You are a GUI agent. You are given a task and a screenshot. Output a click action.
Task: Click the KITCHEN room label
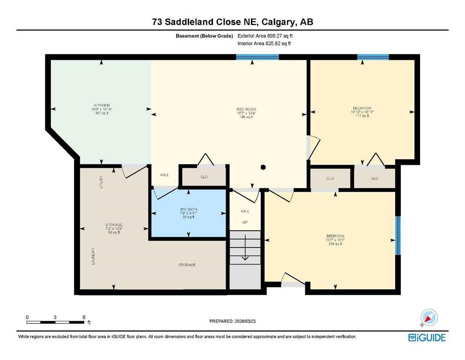(102, 105)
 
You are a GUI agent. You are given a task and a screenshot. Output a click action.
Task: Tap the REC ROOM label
(245, 109)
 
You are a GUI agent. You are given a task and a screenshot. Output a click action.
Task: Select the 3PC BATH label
(187, 210)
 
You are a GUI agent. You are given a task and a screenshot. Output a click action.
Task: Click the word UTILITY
(101, 182)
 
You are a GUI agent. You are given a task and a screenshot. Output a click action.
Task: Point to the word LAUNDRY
(94, 256)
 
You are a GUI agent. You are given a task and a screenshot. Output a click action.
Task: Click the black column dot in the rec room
(263, 167)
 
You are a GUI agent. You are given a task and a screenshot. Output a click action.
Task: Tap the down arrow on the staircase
(244, 256)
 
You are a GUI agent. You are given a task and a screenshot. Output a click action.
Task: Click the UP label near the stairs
(244, 222)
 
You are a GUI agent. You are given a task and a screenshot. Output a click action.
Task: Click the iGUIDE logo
(427, 337)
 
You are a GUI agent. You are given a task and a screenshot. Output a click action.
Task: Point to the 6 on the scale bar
(84, 317)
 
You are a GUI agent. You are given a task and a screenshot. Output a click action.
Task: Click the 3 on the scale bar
(55, 317)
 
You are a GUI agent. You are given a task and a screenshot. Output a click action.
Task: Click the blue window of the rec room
(257, 57)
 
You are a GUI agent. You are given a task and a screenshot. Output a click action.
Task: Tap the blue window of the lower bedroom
(398, 235)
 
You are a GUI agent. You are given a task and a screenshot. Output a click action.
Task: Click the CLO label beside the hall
(204, 177)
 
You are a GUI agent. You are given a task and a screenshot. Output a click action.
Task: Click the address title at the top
(232, 22)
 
